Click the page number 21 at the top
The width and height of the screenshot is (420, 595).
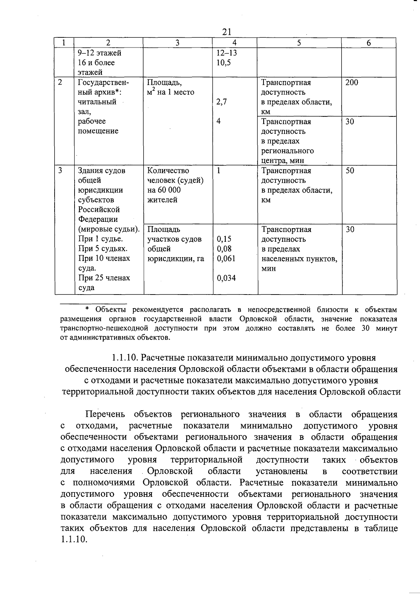(x=227, y=32)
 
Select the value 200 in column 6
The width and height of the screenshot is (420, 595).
(x=351, y=83)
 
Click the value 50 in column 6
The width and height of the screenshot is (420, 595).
(x=350, y=171)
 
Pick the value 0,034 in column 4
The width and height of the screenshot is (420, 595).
(x=226, y=278)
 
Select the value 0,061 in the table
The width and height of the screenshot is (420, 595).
(x=226, y=259)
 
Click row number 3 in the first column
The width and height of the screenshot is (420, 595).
(x=60, y=171)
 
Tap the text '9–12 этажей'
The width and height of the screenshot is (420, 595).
(x=99, y=53)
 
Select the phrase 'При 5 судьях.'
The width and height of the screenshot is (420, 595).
(x=103, y=249)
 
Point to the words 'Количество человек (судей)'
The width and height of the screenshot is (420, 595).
(x=175, y=175)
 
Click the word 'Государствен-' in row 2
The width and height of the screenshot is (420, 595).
(x=103, y=83)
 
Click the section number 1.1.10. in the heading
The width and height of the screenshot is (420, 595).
(x=126, y=358)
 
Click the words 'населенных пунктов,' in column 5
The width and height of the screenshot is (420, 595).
(x=299, y=259)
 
